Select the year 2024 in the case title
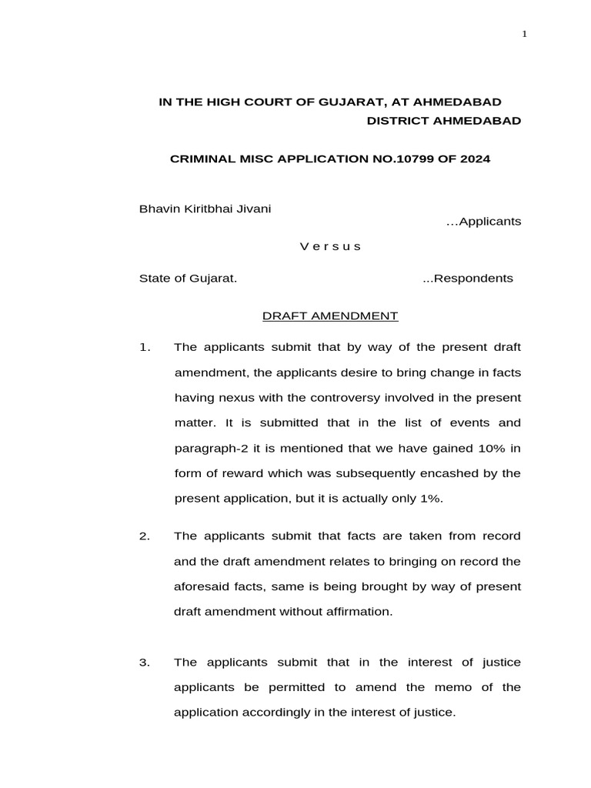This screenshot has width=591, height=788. point(474,159)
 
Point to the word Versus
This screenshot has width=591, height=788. point(329,246)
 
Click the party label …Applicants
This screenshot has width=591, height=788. point(483,222)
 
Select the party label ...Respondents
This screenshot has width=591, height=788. point(468,278)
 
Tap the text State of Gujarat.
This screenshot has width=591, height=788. point(188,278)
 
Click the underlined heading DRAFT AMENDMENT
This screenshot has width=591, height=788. point(330,316)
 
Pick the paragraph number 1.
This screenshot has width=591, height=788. point(144,347)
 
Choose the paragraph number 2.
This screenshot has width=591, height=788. point(144,536)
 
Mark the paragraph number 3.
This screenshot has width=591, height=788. point(144,663)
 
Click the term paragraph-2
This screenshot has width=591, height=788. point(207,448)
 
